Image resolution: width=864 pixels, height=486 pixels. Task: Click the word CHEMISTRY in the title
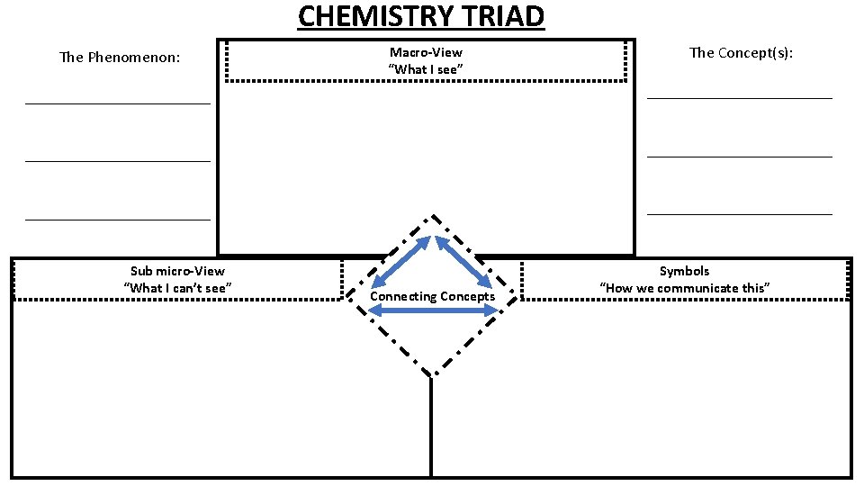375,16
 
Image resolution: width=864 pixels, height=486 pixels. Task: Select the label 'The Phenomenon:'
120,58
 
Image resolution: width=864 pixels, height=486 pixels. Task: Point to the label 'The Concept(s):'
741,52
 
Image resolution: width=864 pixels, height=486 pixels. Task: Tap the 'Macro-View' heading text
426,52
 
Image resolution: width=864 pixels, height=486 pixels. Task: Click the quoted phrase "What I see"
426,69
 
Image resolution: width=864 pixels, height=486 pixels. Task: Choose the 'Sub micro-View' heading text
177,271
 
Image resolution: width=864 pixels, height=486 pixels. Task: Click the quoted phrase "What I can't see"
177,287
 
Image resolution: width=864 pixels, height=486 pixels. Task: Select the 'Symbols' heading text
684,271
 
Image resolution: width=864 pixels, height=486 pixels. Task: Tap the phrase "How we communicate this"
684,287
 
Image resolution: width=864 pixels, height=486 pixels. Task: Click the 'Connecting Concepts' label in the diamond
432,296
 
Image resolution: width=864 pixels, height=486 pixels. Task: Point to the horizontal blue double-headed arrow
433,310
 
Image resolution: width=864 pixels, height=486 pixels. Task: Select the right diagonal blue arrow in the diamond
465,262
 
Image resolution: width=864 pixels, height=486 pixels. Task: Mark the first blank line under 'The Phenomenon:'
118,103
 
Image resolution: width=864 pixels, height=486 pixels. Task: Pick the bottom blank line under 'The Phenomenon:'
118,219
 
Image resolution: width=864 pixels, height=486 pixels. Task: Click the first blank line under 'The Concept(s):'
740,97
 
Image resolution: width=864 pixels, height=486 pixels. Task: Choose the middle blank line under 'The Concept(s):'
740,157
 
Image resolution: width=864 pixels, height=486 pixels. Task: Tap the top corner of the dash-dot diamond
434,216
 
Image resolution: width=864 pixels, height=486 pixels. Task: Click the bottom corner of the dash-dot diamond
433,374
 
